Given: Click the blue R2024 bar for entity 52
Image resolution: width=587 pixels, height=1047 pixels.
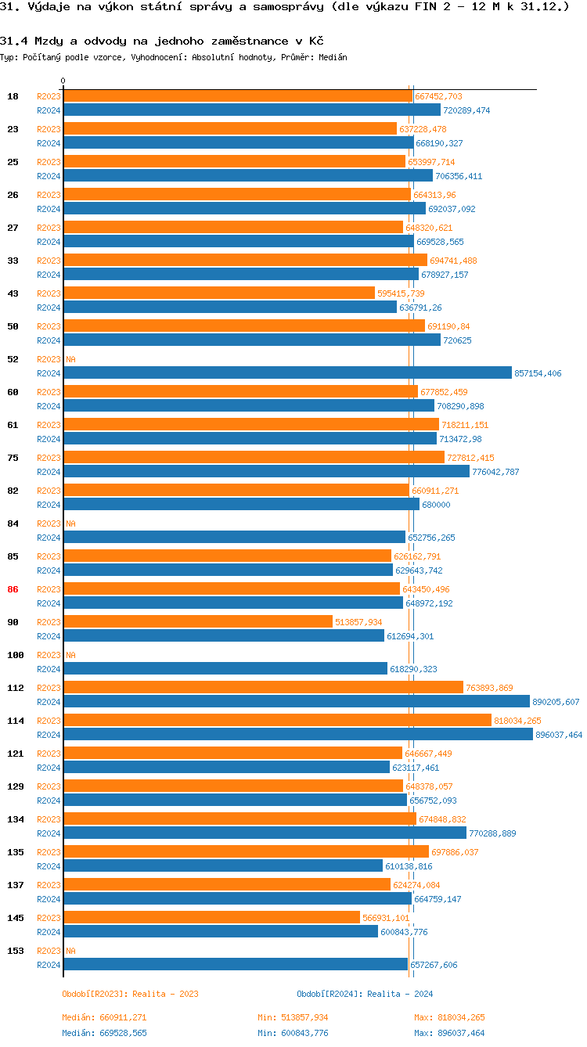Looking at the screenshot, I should pos(287,373).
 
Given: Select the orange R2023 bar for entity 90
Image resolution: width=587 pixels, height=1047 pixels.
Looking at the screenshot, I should pos(198,622).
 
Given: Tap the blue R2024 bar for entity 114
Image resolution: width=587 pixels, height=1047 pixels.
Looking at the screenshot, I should pos(298,735).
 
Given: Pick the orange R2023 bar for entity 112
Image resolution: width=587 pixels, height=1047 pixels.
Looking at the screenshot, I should pos(263,688).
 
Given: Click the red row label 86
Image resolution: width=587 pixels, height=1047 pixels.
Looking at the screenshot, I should pos(13,589).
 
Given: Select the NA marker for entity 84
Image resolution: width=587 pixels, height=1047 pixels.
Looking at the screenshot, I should pos(70,523).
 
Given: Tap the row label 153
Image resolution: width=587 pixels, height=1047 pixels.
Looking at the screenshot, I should pos(15,951).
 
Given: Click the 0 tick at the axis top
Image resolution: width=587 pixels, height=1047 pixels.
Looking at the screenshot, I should pos(63,81).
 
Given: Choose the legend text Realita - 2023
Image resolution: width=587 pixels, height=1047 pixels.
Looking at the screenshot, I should pos(165,994).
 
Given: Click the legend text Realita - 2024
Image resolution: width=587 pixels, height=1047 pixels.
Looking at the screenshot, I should pos(400,994).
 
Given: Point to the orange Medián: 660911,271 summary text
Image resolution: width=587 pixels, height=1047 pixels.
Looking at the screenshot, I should pos(104,1017).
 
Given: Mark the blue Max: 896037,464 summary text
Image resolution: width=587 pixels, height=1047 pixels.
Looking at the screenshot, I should pos(449,1033).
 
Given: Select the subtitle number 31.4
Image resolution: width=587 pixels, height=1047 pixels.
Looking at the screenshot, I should pos(13,41).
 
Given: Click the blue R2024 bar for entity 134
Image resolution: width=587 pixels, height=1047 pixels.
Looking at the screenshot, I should pos(265,833).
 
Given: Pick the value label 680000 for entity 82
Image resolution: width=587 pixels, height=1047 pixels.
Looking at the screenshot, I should pos(436,505).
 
